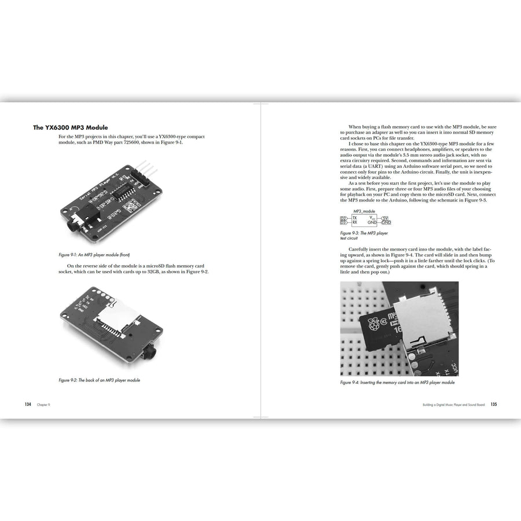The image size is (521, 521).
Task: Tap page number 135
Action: point(494,404)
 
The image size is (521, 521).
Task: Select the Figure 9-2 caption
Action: point(99,380)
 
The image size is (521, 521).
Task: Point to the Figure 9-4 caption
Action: point(397,383)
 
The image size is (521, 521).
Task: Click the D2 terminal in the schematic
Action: point(343,218)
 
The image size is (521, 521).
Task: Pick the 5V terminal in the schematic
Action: point(386,218)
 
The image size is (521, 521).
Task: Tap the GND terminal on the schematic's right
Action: point(386,222)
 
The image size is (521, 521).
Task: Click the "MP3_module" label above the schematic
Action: point(365,211)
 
